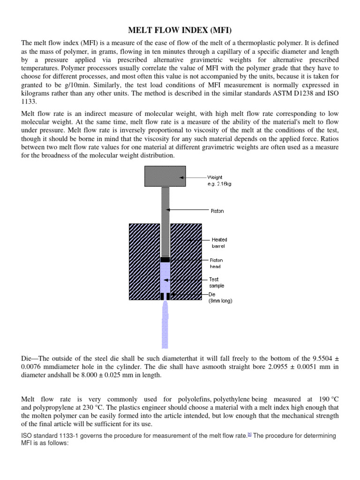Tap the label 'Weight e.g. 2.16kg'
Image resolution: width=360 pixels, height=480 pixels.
tap(219, 180)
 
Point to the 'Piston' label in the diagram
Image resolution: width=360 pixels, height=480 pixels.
tap(217, 211)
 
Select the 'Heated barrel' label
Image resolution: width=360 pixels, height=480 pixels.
tap(219, 242)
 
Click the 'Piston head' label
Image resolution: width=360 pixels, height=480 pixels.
tap(216, 263)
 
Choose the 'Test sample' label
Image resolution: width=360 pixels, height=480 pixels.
tap(217, 282)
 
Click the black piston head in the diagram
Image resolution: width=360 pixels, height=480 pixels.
tap(165, 259)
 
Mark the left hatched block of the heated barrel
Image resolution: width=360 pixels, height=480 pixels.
tap(143, 261)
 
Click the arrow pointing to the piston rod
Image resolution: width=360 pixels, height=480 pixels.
tap(187, 210)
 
